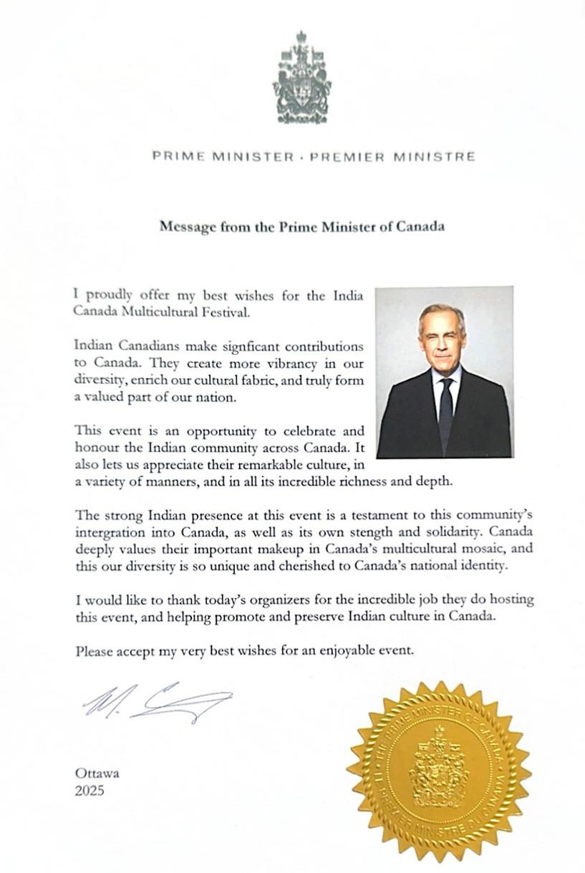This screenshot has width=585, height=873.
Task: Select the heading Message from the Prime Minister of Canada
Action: [x=301, y=226]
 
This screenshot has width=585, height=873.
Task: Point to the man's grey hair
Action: [x=442, y=313]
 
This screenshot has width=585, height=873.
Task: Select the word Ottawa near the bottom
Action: [x=97, y=773]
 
